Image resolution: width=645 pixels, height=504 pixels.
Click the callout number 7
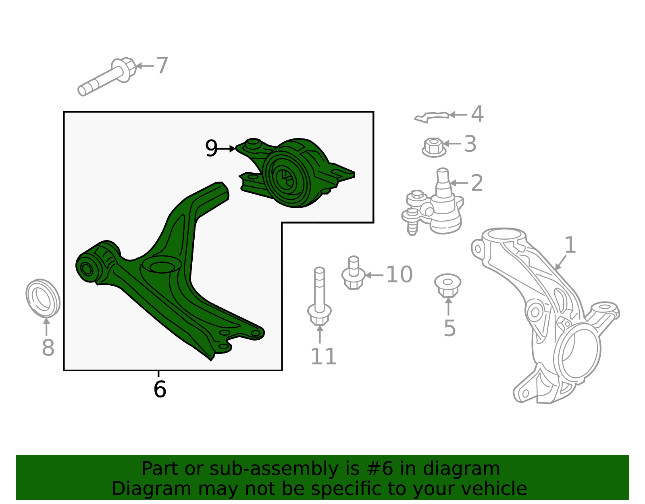[162, 65]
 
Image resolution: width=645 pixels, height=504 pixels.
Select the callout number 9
[211, 148]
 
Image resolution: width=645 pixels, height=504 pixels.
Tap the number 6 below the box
[160, 389]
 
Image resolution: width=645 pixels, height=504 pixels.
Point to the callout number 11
[323, 356]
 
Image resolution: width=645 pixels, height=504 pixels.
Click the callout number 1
[570, 245]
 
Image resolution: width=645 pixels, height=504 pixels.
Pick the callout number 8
[48, 347]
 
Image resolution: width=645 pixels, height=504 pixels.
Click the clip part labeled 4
[432, 117]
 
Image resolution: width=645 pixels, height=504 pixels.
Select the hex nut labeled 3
[434, 148]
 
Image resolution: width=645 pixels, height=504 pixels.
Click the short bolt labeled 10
[353, 273]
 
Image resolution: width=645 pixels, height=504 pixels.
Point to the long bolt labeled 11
[319, 297]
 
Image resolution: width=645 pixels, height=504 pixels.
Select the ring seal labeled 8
[43, 298]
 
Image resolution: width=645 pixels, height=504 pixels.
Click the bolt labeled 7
[107, 76]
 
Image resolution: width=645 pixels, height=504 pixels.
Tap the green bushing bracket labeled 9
[296, 173]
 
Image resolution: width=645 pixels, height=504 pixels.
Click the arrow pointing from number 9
[226, 148]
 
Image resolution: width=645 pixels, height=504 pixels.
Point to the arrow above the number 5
[448, 306]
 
